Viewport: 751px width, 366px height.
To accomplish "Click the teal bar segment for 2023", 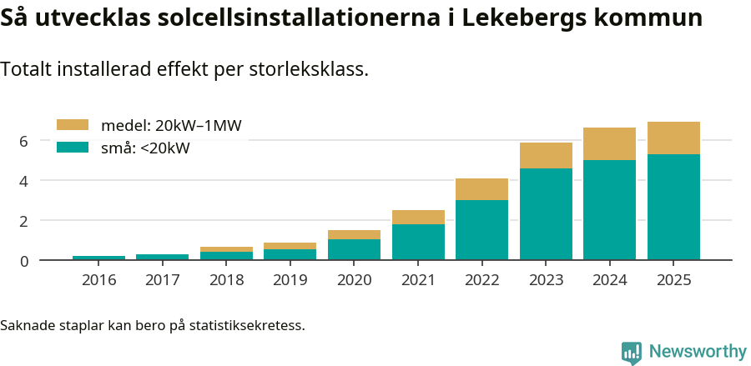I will click(x=546, y=214).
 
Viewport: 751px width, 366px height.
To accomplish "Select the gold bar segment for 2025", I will click(x=673, y=138).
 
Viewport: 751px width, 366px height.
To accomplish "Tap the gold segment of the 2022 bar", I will click(x=481, y=189).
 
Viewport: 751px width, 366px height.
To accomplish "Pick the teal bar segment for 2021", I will click(x=418, y=242).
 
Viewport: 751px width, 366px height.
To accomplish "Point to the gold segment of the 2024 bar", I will click(x=609, y=144).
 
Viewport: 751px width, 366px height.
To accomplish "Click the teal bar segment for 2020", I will click(x=354, y=249).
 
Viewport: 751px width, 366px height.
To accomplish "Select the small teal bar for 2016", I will click(x=98, y=258).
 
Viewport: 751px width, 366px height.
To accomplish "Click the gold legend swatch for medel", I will click(x=72, y=125).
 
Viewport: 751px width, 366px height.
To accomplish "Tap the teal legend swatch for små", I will click(x=72, y=148).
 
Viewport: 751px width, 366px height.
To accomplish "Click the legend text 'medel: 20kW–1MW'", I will click(x=171, y=126).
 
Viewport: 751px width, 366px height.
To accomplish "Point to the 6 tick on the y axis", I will click(x=24, y=141).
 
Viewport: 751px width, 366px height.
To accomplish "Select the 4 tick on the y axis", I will click(x=24, y=181).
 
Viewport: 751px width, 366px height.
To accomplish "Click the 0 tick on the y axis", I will click(x=24, y=261).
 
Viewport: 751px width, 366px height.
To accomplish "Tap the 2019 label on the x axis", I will click(x=290, y=280).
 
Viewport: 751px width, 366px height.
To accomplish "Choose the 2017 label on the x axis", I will click(x=163, y=280).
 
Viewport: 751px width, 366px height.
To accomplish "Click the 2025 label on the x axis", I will click(x=673, y=280).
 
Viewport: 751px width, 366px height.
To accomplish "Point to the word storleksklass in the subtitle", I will click(x=309, y=70).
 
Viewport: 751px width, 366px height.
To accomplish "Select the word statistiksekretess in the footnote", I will click(x=247, y=325).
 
